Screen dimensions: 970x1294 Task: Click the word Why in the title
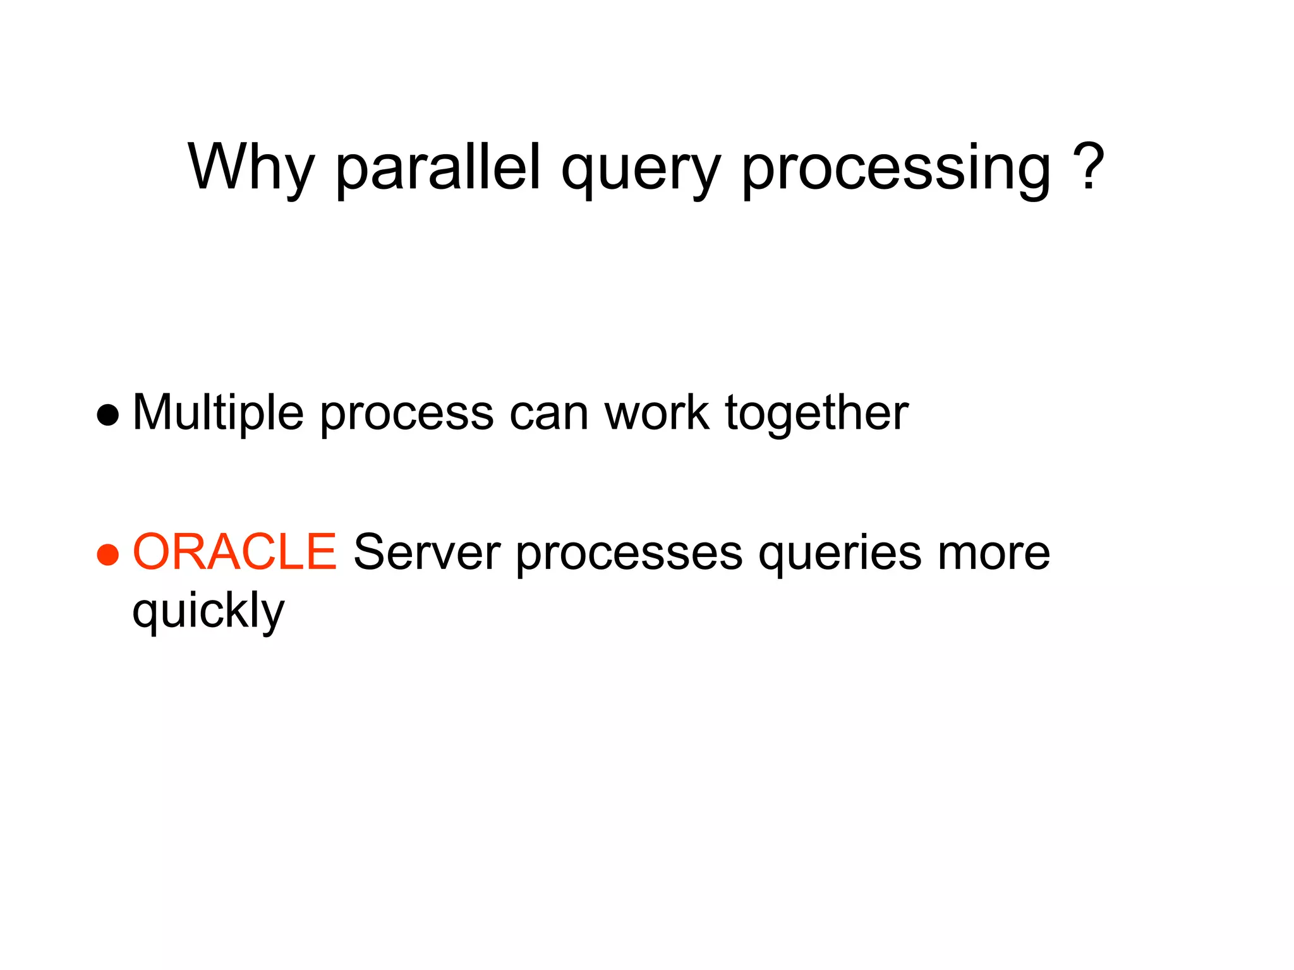point(251,167)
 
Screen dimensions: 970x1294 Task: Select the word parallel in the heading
point(438,167)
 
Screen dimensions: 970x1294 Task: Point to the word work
point(656,414)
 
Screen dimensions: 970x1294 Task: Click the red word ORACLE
point(234,553)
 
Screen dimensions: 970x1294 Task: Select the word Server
point(426,553)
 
